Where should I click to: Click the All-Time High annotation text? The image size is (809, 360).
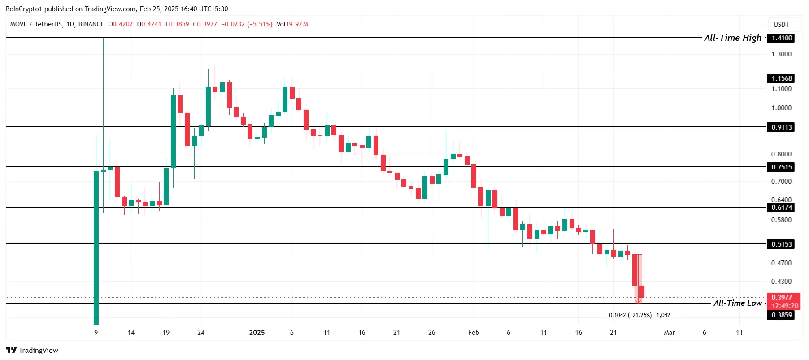(732, 38)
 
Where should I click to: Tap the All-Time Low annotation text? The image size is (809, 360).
(737, 303)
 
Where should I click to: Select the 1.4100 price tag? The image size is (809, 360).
(781, 38)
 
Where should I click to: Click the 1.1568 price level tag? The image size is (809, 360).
(781, 78)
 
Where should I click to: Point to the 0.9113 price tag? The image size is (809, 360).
(781, 127)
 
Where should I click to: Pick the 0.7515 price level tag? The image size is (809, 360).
(781, 167)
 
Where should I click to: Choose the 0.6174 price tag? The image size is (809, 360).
(781, 208)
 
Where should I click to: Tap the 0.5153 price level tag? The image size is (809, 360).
(781, 244)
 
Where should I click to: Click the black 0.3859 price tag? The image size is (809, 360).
(781, 315)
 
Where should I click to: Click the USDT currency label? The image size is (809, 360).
(781, 25)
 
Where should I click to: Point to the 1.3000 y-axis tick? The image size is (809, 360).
(781, 54)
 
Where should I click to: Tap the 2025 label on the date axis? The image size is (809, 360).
(257, 333)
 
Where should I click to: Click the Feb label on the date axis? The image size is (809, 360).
(474, 333)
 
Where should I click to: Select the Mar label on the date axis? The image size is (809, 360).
(669, 333)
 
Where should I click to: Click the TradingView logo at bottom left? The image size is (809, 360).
(32, 351)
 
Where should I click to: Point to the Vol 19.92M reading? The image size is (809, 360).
(292, 24)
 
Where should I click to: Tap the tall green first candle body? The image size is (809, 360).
(96, 247)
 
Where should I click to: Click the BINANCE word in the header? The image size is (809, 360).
(91, 24)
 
